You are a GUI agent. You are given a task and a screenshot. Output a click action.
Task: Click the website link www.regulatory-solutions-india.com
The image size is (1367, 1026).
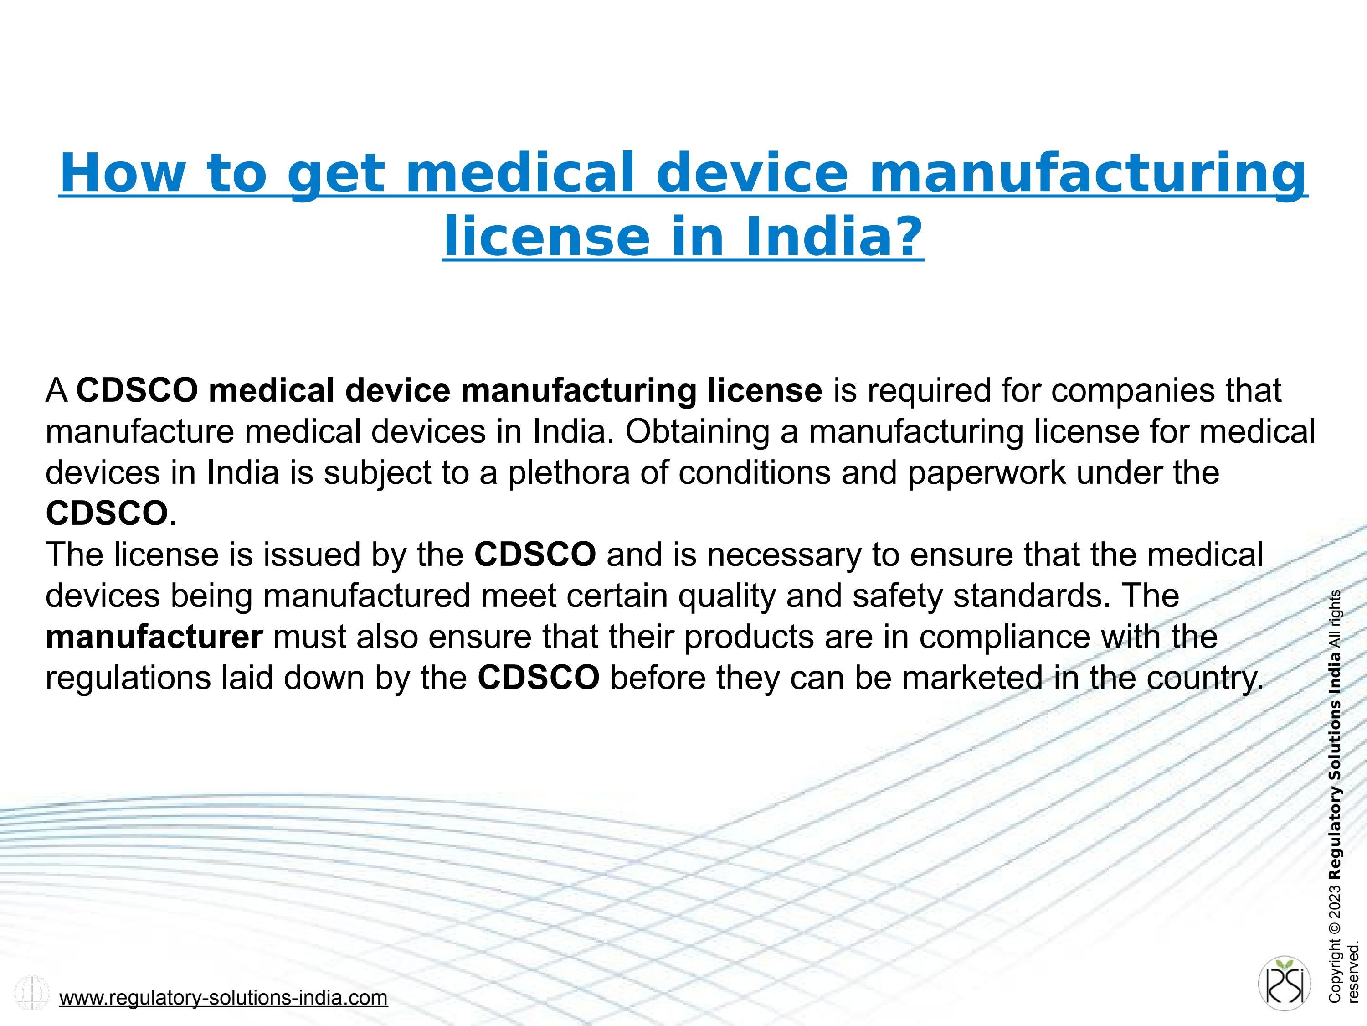click(x=223, y=998)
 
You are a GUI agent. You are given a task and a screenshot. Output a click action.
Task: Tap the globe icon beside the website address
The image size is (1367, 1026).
click(x=31, y=993)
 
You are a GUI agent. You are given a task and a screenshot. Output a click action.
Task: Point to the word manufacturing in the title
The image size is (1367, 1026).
click(x=1088, y=174)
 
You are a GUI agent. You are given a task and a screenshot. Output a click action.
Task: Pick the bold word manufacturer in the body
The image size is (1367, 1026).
click(x=154, y=637)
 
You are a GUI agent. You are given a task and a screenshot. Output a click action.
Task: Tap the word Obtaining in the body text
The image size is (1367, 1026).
click(x=697, y=432)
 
